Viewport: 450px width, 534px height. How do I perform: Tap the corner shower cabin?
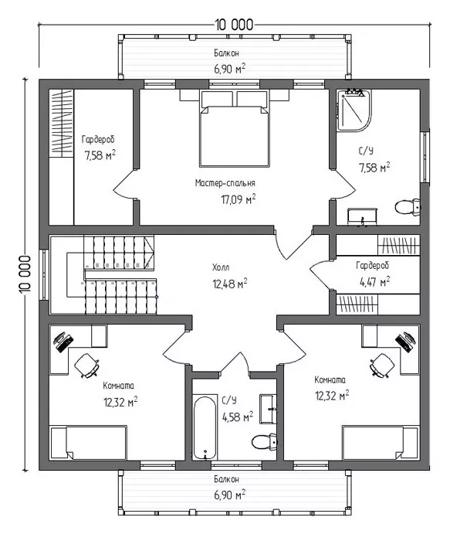[354, 110]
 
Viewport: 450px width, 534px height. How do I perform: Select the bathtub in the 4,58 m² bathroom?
[205, 428]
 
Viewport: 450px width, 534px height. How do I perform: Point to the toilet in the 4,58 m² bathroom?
[264, 442]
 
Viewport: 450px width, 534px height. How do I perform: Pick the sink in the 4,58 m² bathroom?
[269, 409]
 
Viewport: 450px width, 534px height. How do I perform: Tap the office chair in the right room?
[382, 366]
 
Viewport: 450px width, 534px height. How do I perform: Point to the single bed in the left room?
[89, 443]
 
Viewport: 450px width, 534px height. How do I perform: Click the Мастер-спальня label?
[225, 183]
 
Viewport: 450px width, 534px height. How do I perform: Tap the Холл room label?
[221, 267]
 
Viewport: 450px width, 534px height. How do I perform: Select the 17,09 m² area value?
[239, 199]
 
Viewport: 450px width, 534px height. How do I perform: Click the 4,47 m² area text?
[375, 281]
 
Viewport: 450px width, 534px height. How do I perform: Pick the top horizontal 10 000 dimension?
[234, 25]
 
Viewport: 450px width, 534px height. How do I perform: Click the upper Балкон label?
[226, 53]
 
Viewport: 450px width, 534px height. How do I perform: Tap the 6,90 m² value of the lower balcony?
[230, 495]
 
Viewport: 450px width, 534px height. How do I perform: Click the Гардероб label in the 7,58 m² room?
[98, 139]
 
